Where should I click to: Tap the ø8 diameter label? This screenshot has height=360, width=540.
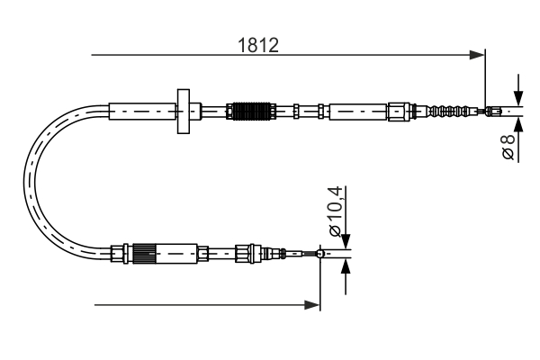pyautogui.click(x=508, y=145)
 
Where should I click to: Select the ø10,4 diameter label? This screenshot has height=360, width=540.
pyautogui.click(x=335, y=211)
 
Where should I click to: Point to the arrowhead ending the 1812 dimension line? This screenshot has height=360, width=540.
pyautogui.click(x=479, y=57)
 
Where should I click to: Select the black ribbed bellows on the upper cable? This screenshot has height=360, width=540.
pyautogui.click(x=250, y=112)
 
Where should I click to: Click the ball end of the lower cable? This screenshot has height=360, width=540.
pyautogui.click(x=320, y=254)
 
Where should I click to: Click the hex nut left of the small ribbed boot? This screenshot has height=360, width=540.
pyautogui.click(x=398, y=112)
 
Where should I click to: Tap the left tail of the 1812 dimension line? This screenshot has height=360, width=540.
pyautogui.click(x=94, y=57)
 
